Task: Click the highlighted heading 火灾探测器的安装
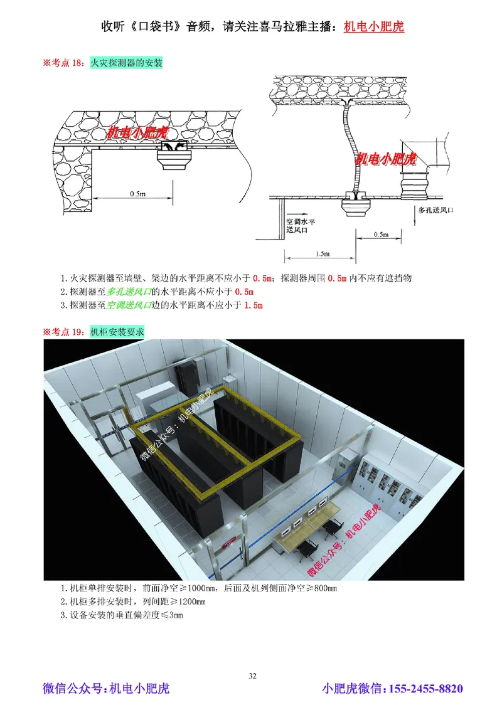coord(126,63)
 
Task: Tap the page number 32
coord(252,676)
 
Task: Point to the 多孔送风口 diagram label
coord(435,211)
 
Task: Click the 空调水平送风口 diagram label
coord(300,226)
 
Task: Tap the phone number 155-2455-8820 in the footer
coord(427,689)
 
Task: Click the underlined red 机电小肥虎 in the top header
coord(374,27)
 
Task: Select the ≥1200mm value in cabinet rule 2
coord(185,601)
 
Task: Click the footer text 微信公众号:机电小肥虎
coord(106,689)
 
